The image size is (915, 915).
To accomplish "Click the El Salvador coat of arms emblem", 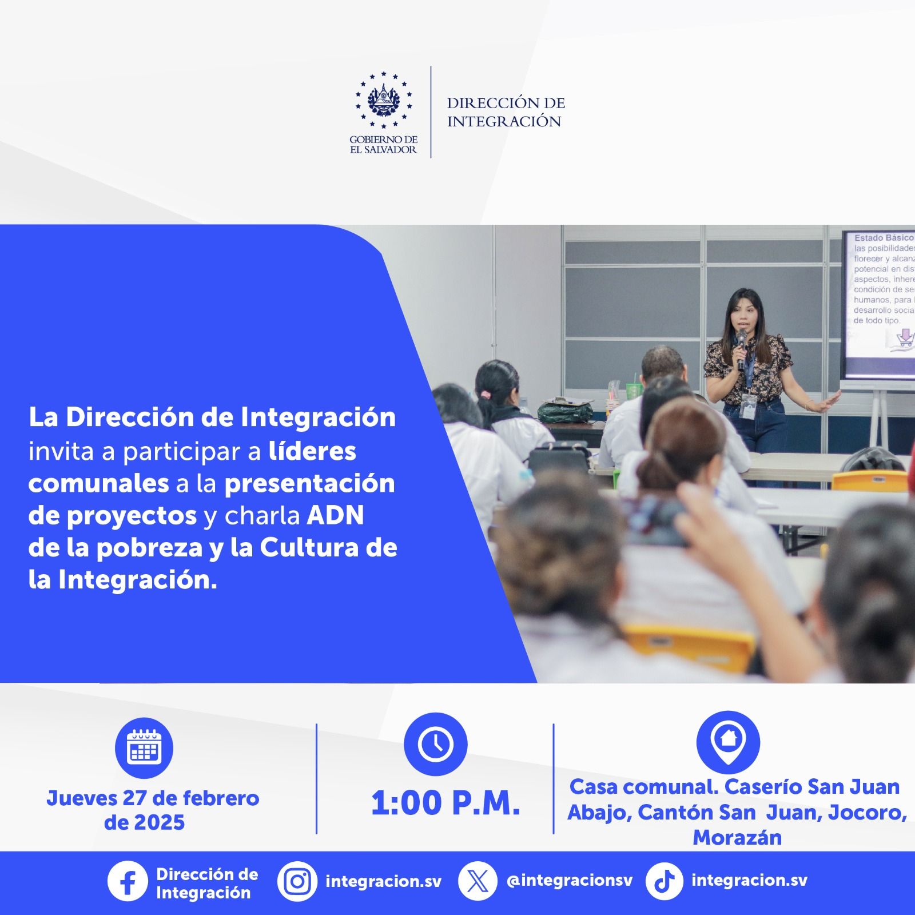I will point(383,100).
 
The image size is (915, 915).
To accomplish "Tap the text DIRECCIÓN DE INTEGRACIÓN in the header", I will point(506,112).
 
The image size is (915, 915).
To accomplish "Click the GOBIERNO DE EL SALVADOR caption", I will point(383,144).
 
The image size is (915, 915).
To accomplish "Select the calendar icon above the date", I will point(144,747).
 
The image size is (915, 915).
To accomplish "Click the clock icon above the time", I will point(435,744).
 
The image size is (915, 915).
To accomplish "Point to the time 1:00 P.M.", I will point(445,803).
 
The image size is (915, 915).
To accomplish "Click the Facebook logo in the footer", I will point(127,881).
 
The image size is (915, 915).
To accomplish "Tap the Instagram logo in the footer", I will point(297,881).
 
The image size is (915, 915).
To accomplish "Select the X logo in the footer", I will point(477,881).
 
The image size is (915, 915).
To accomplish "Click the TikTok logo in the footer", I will point(664,881).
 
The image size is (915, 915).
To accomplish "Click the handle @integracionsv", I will point(570,880).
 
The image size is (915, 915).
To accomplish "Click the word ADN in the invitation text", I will point(336,515).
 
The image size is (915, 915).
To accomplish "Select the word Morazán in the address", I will point(737,837).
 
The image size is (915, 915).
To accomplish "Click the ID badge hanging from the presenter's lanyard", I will point(747,404).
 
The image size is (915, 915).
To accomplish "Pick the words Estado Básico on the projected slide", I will point(884,237).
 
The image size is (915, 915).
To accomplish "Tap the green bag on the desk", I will point(565,410).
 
